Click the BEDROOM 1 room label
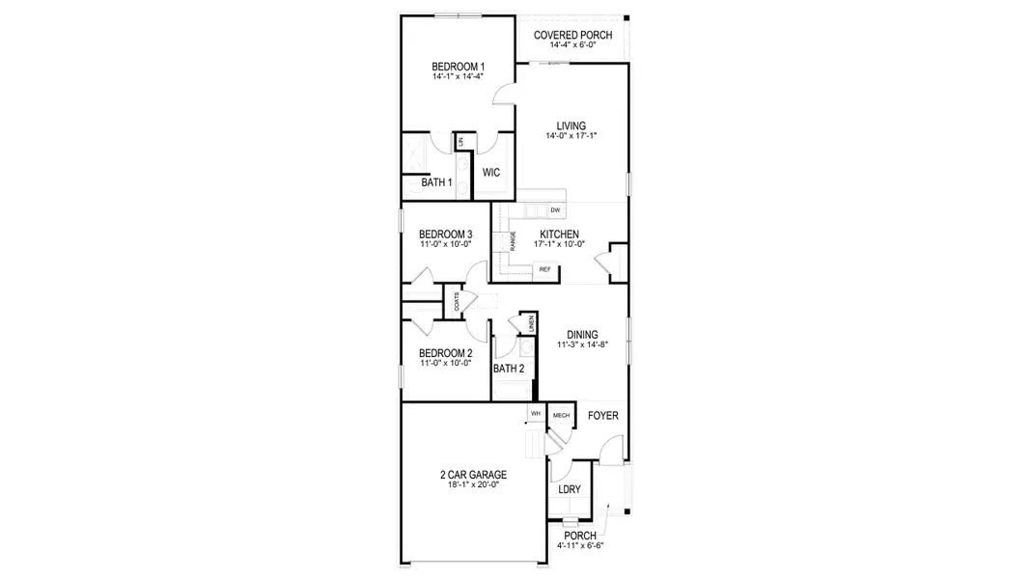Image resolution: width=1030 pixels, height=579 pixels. tap(458, 67)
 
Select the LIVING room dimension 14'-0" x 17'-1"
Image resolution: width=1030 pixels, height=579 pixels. tap(571, 136)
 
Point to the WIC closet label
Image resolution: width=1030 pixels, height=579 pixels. tap(491, 174)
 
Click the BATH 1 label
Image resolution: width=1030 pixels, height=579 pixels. tap(437, 182)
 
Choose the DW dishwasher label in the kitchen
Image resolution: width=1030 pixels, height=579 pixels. tap(555, 210)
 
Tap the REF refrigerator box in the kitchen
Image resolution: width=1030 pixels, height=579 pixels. tap(545, 269)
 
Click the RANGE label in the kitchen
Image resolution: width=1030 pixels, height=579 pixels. tap(513, 240)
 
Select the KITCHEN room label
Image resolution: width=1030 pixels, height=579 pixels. tap(559, 234)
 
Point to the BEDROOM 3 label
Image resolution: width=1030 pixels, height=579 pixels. tap(445, 234)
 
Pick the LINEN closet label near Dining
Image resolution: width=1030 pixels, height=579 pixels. tap(530, 323)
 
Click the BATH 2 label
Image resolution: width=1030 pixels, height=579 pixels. tap(509, 369)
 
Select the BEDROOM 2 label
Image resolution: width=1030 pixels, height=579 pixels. tap(445, 353)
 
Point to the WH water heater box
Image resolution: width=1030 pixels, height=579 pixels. tap(535, 414)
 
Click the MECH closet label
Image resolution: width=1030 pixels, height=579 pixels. tap(560, 415)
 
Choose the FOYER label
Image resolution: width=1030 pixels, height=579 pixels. tap(602, 416)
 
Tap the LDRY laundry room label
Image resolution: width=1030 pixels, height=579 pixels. tap(570, 489)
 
